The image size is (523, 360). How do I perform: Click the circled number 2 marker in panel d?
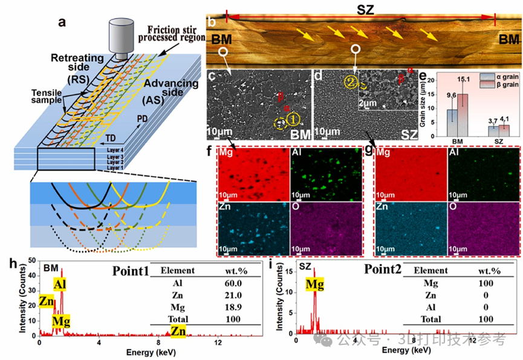tap(351, 80)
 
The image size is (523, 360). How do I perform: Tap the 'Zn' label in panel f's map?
tap(226, 207)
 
